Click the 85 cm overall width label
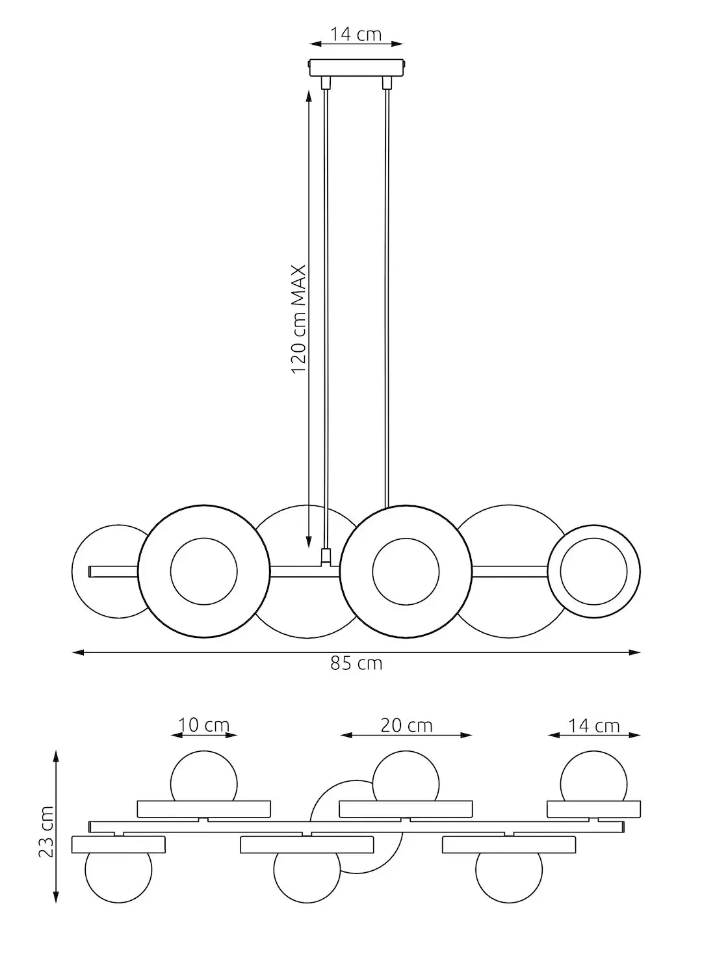356,664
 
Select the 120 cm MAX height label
298,319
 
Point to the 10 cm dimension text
204,725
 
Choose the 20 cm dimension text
406,725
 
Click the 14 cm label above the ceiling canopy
356,34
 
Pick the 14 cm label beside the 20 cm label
593,725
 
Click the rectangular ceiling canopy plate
356,68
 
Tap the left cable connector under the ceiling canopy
326,83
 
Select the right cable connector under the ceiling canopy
387,83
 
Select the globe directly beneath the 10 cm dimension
203,777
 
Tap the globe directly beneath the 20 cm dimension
406,777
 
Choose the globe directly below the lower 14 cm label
593,777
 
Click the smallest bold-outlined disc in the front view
593,571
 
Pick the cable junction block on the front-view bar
326,557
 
